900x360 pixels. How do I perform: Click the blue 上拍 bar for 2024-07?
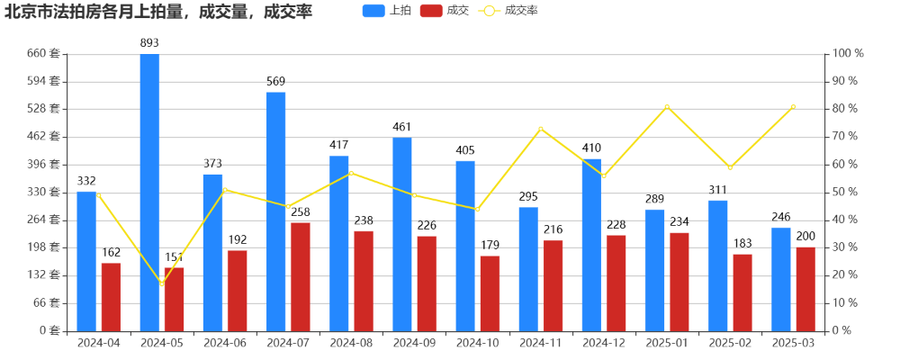click(275, 211)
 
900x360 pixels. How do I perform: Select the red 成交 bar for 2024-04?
click(111, 297)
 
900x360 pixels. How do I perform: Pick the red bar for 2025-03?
click(805, 289)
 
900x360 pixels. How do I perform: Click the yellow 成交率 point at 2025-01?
click(667, 107)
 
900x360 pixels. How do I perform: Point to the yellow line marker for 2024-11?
click(540, 129)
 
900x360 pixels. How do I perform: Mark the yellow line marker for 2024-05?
click(162, 283)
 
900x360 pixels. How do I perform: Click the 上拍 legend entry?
click(388, 11)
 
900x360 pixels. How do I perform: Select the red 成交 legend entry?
click(445, 11)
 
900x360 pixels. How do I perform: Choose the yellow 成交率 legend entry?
click(509, 11)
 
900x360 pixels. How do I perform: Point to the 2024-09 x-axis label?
click(414, 343)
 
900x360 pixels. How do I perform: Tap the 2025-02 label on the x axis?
click(730, 343)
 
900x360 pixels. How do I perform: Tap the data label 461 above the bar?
click(401, 127)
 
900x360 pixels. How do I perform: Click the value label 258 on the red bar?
click(301, 212)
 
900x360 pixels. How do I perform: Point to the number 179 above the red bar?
click(490, 246)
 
